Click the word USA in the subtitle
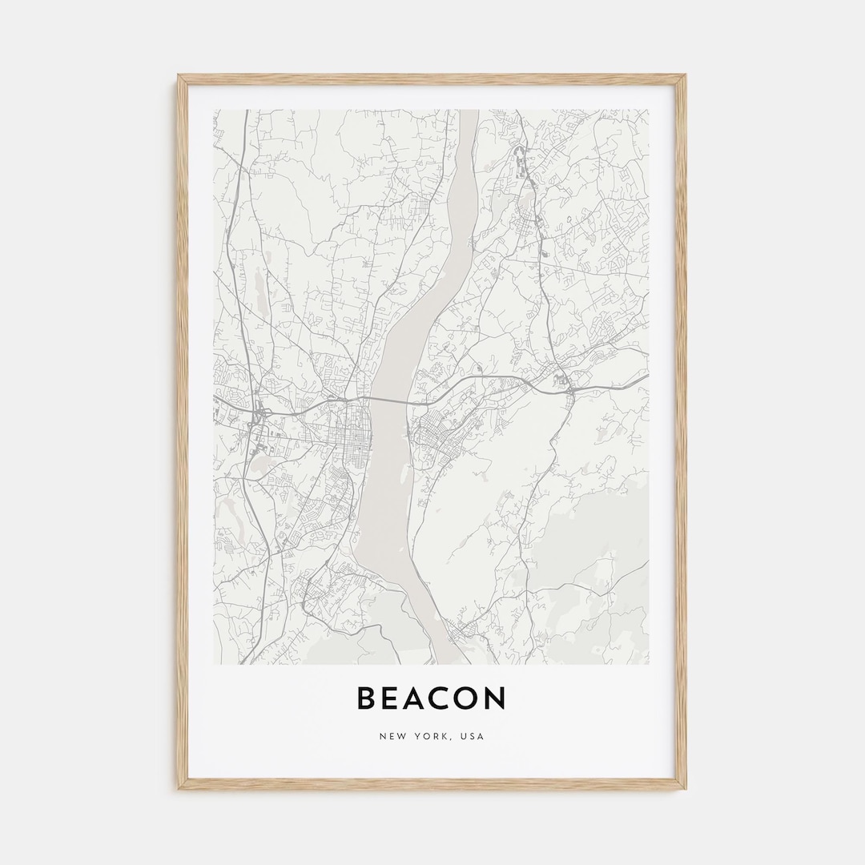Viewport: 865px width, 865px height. pos(473,736)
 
